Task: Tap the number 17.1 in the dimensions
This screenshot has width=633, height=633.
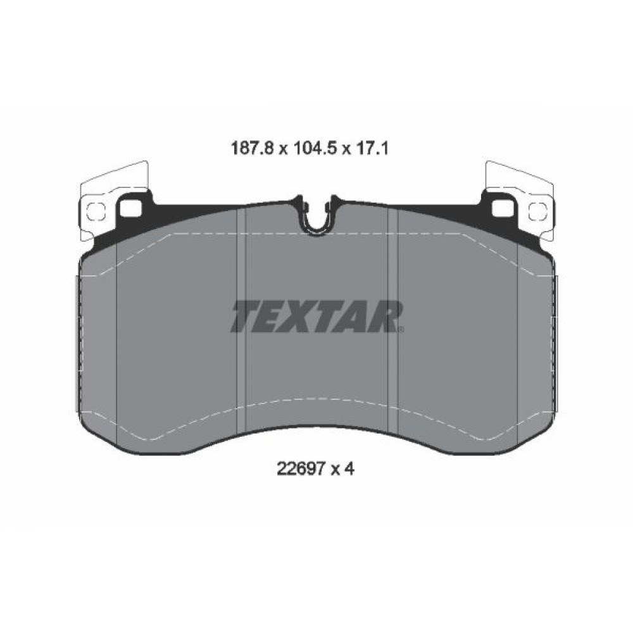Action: pyautogui.click(x=372, y=149)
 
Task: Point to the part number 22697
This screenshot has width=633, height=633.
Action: pyautogui.click(x=301, y=468)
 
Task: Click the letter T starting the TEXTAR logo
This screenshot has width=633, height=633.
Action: pyautogui.click(x=246, y=316)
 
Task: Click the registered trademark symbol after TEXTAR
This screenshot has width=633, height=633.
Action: pyautogui.click(x=401, y=329)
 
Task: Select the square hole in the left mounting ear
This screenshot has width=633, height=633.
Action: pyautogui.click(x=131, y=208)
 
